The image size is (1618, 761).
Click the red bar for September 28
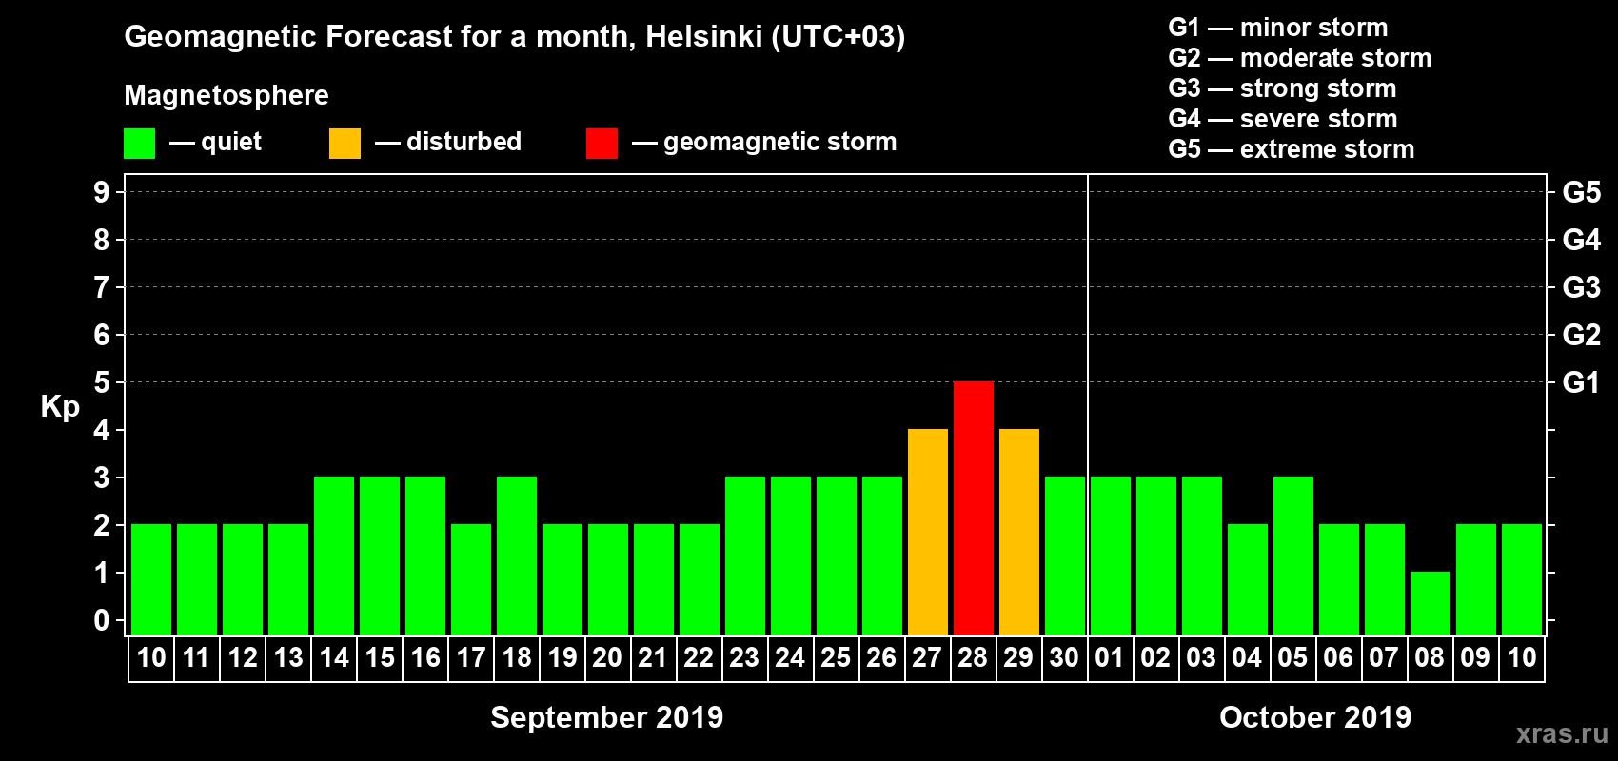pos(973,508)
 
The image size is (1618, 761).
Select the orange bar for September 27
pos(927,532)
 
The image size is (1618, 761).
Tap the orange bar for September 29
pos(1018,532)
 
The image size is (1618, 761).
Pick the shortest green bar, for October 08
pos(1430,603)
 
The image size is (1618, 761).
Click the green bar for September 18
pos(516,556)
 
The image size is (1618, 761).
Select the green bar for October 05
pos(1292,556)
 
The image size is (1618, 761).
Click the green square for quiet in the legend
pos(139,144)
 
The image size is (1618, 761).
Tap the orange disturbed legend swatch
pos(345,144)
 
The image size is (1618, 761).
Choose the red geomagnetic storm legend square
pos(602,144)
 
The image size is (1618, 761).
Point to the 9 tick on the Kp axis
pos(102,192)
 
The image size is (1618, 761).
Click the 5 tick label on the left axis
pos(102,382)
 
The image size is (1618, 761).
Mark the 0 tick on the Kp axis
pos(102,620)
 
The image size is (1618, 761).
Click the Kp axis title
pos(60,406)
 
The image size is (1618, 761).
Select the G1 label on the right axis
pos(1581,382)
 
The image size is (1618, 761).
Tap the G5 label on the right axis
pos(1581,192)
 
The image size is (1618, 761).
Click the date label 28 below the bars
pos(973,657)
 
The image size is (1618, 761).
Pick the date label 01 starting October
pos(1110,657)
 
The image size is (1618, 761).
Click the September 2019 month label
pos(606,717)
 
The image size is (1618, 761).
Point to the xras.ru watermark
pos(1562,733)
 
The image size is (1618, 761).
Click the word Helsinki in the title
pos(703,36)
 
